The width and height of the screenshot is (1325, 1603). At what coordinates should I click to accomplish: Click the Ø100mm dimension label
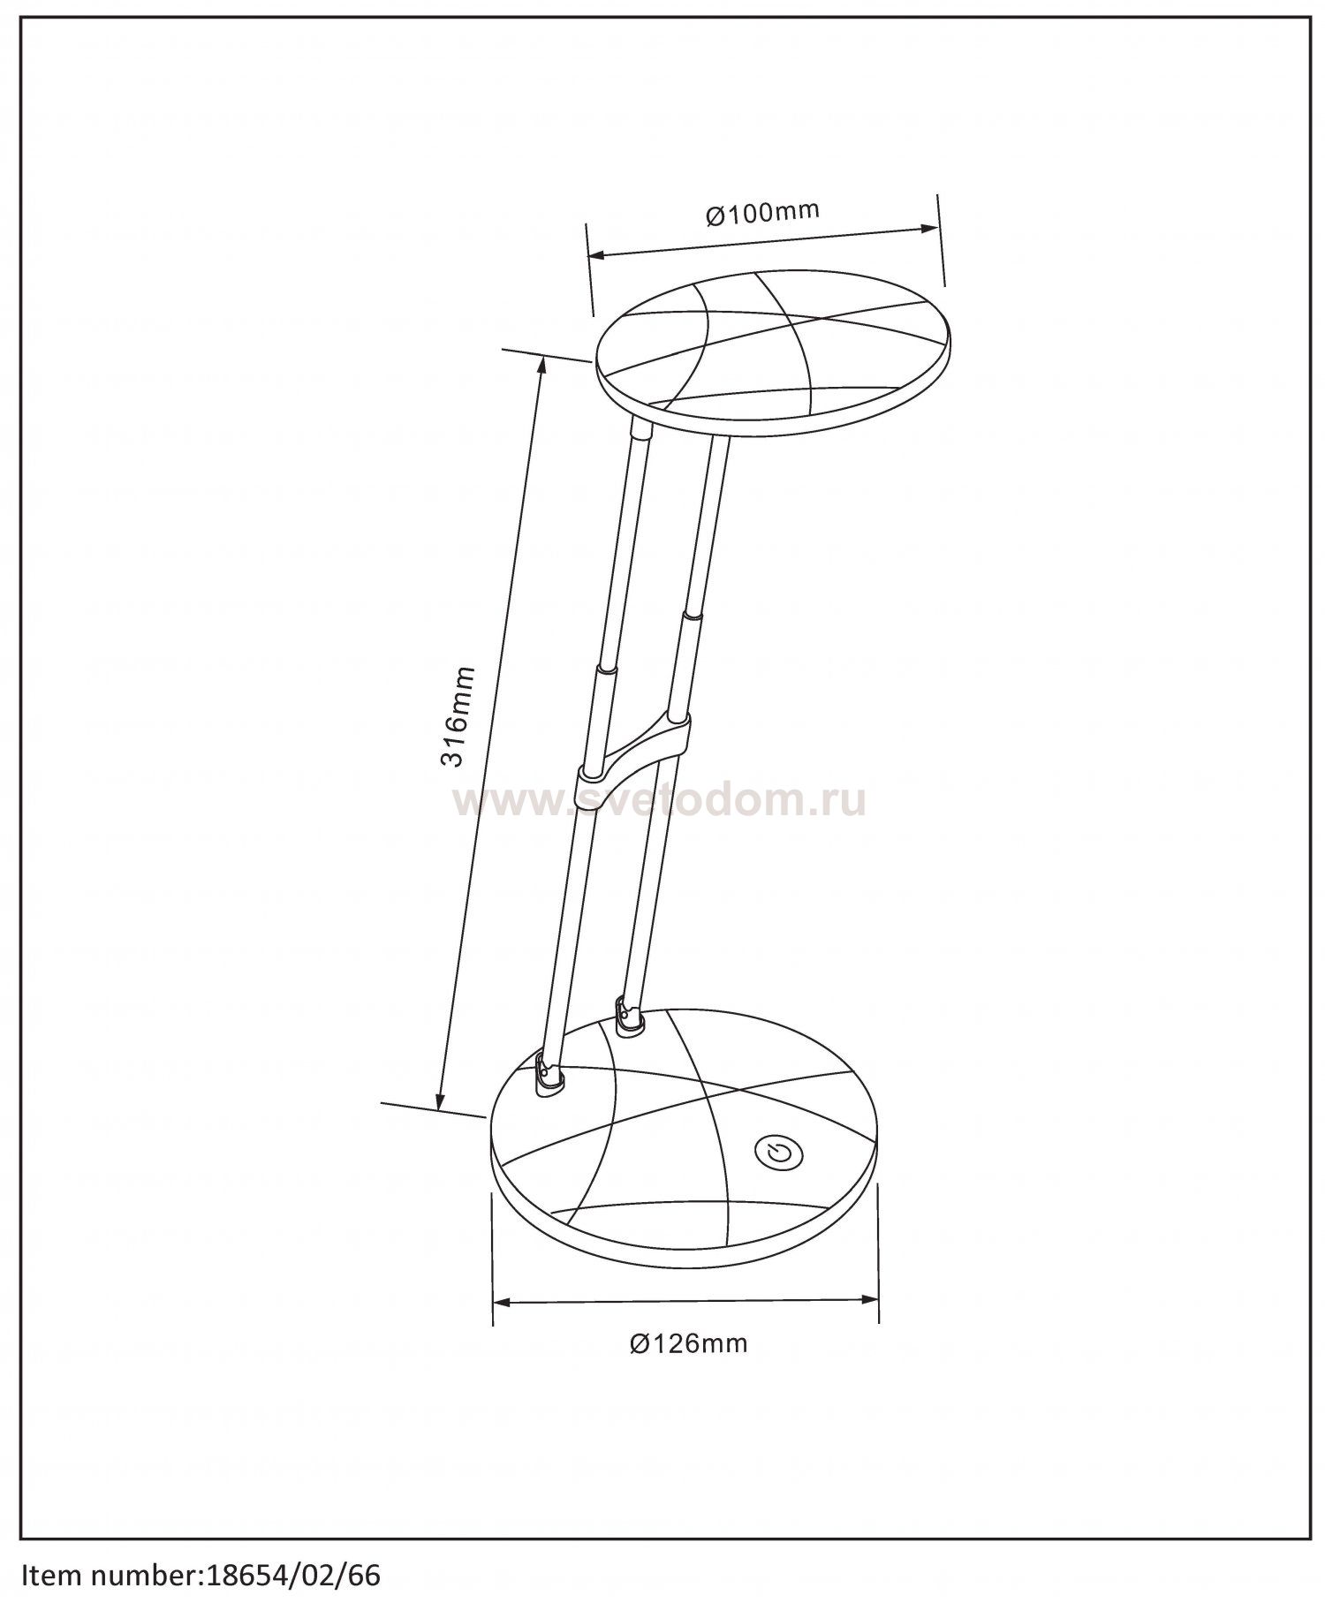[762, 213]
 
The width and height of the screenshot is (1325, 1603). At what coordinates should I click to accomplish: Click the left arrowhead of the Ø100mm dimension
[597, 256]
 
